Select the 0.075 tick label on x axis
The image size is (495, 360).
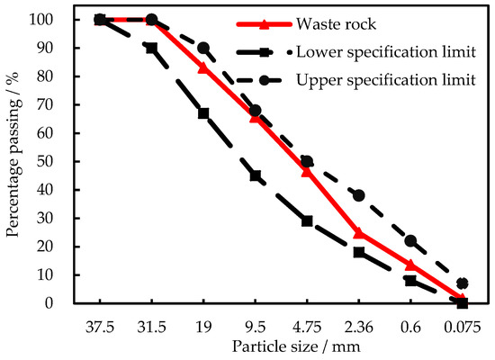pos(462,322)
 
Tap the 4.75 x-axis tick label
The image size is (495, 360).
pos(307,322)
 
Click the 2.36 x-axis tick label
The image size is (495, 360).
pos(358,322)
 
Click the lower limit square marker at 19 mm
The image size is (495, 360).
pos(203,113)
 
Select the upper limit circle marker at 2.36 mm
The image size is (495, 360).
pos(359,195)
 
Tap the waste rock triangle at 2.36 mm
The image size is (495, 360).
pos(359,232)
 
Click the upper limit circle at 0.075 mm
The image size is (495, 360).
pos(463,283)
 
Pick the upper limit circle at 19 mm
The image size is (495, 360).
pos(203,48)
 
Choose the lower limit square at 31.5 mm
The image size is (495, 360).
pos(151,48)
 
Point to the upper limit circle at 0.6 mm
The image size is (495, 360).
pos(410,240)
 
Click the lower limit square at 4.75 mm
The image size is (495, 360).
pos(307,220)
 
